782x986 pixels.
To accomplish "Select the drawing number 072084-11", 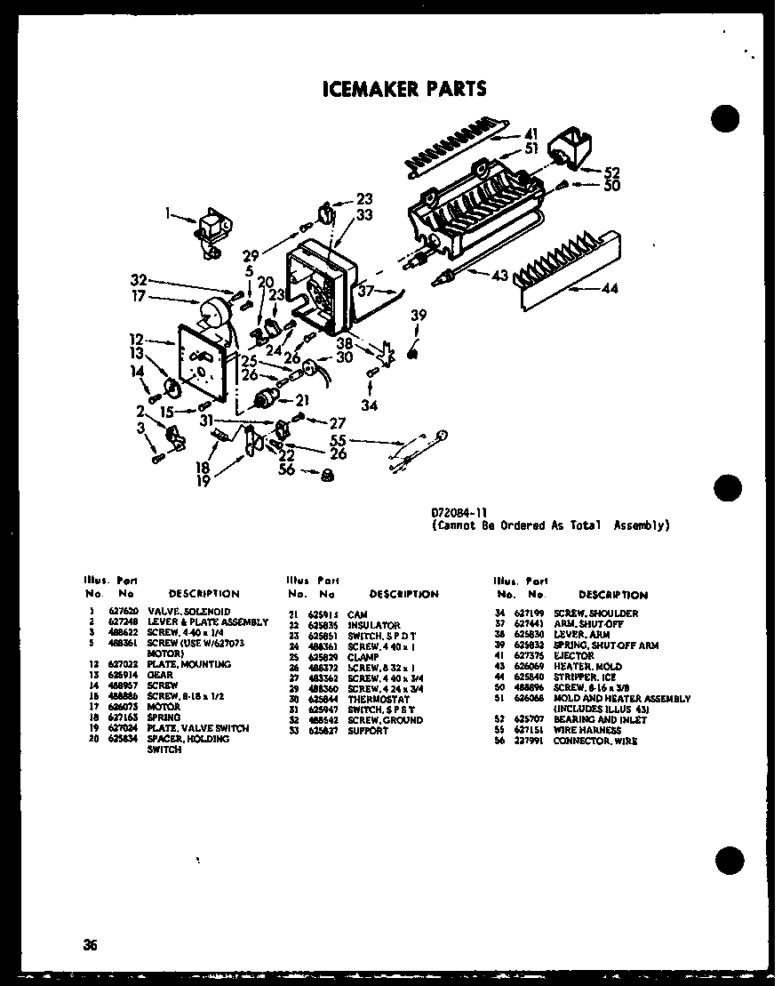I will pos(459,513).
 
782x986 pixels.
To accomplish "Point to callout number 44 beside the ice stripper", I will pos(609,288).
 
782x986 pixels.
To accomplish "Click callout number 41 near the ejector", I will pos(531,134).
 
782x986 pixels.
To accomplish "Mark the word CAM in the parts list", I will pos(356,614).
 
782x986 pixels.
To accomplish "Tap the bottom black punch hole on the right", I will pos(727,860).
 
